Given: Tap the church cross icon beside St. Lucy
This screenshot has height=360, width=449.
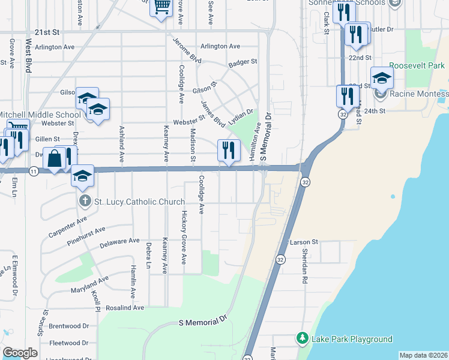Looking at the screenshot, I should click(85, 201).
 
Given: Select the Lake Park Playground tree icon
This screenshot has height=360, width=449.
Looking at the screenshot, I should click(303, 339).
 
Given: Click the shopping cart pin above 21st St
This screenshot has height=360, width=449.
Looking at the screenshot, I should click(161, 7).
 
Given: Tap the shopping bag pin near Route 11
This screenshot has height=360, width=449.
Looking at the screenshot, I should click(54, 160).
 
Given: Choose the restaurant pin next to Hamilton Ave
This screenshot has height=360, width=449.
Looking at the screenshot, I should click(228, 151).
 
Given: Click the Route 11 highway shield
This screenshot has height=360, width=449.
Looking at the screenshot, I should click(34, 172).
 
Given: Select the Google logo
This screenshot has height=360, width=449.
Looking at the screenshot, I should click(20, 353).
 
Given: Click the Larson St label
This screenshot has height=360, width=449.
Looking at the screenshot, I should click(303, 242).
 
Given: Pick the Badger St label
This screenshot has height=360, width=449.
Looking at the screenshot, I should click(243, 62).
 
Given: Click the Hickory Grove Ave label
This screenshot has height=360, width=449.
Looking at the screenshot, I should click(184, 238).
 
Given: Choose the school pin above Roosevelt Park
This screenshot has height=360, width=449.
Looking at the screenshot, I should click(381, 78).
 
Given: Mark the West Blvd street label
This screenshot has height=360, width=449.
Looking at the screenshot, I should click(28, 56).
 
